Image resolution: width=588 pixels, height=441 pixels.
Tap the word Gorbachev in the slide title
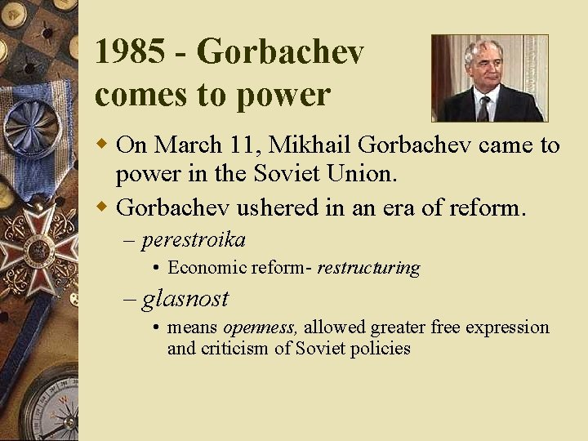pos(280,52)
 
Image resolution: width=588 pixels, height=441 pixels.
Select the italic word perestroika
pos(194,240)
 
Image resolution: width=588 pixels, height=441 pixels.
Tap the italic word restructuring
pos(368,268)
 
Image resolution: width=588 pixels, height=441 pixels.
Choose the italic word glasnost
pos(185,299)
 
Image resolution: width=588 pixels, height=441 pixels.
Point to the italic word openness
pos(259,327)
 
